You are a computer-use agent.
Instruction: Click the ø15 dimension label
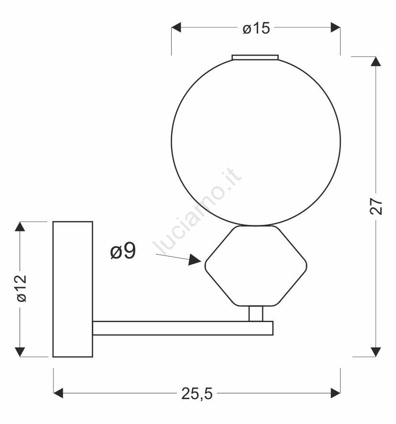pos(256,28)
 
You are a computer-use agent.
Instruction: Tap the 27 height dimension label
pos(376,206)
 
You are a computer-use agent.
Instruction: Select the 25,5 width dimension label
pos(197,393)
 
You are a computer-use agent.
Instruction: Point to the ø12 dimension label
pos(22,288)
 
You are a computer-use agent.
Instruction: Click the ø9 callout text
pos(123,251)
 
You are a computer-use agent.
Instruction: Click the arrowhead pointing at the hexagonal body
pos(195,259)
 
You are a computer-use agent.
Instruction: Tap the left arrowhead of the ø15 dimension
pos(176,27)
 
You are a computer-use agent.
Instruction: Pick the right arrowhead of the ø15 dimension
pos(335,27)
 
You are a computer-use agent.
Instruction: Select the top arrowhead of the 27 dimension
pos(376,61)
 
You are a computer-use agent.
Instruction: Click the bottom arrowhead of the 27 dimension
pos(376,352)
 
